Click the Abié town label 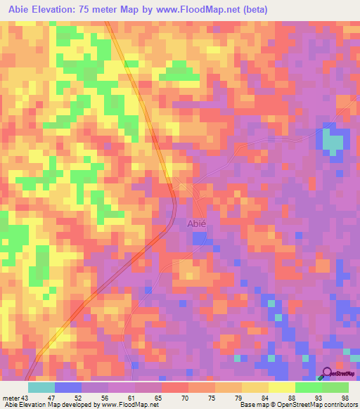pyautogui.click(x=196, y=223)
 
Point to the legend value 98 pyautogui.click(x=345, y=398)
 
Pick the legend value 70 pyautogui.click(x=185, y=398)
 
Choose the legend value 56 pyautogui.click(x=105, y=398)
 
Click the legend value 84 pyautogui.click(x=264, y=398)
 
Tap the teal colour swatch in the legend pyautogui.click(x=41, y=387)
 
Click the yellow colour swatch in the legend pyautogui.click(x=281, y=387)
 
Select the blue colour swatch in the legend pyautogui.click(x=67, y=387)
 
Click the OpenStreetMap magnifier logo pyautogui.click(x=327, y=372)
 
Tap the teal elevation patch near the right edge pyautogui.click(x=332, y=141)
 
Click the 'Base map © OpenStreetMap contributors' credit pyautogui.click(x=293, y=405)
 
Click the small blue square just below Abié pyautogui.click(x=199, y=238)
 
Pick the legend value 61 pyautogui.click(x=132, y=398)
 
